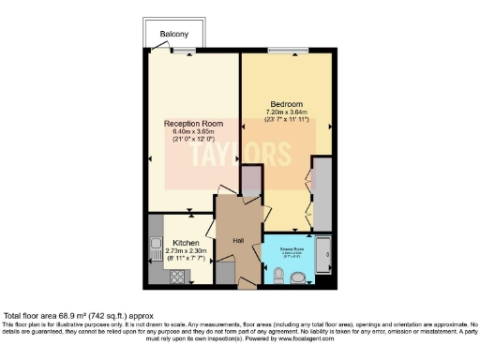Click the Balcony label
pos(173,35)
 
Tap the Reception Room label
pos(194,123)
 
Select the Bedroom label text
pos(286,103)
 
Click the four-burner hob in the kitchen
pos(173,277)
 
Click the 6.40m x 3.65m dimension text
pos(194,131)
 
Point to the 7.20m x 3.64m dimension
pos(286,112)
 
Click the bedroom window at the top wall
pos(286,50)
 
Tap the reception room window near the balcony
pos(184,50)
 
